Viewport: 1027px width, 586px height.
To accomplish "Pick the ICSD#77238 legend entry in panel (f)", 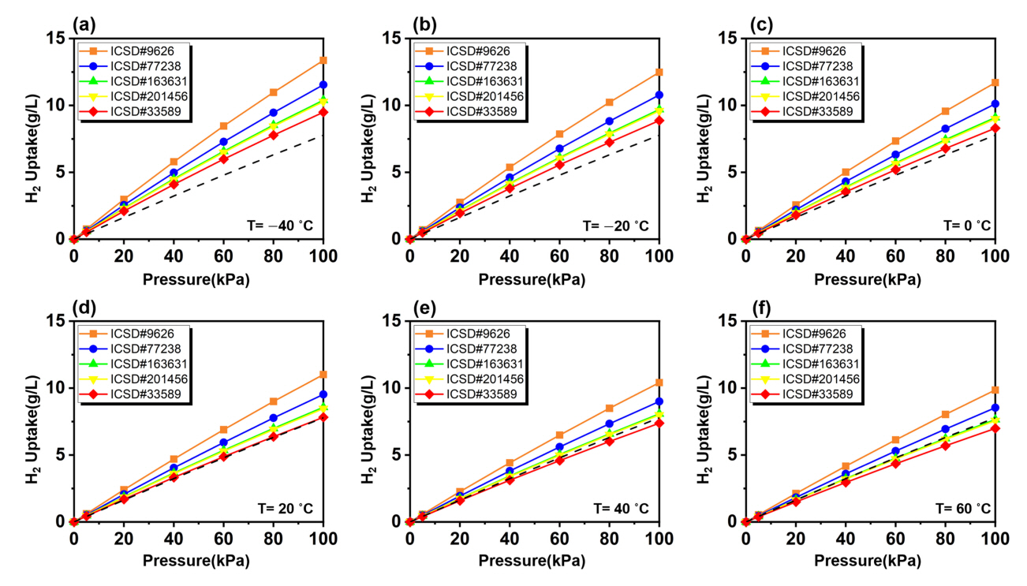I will pyautogui.click(x=812, y=349).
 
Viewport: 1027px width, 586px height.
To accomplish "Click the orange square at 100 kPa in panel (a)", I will pyautogui.click(x=323, y=60).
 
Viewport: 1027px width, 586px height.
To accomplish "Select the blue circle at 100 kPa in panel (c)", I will pyautogui.click(x=995, y=104).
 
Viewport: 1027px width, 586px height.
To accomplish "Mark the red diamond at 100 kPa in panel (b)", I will pyautogui.click(x=659, y=120).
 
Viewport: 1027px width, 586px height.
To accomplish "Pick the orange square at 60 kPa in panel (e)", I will pyautogui.click(x=559, y=435).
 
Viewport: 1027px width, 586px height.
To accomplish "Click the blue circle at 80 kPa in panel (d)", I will pyautogui.click(x=274, y=418).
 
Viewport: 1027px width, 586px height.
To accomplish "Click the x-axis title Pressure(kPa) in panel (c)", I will pyautogui.click(x=869, y=278).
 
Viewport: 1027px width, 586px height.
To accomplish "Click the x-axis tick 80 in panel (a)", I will pyautogui.click(x=274, y=256).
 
